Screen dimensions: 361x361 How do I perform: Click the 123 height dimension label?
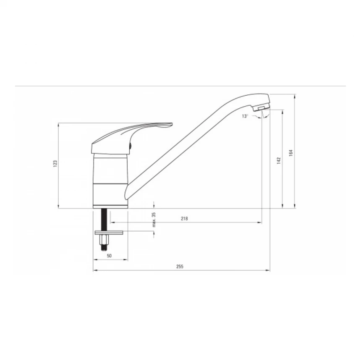pos(55,165)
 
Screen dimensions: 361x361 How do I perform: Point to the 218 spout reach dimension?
pos(183,218)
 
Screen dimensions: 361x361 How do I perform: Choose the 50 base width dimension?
pos(109,256)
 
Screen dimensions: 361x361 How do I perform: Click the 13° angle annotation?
pos(245,116)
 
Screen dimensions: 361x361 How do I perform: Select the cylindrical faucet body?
pos(110,178)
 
